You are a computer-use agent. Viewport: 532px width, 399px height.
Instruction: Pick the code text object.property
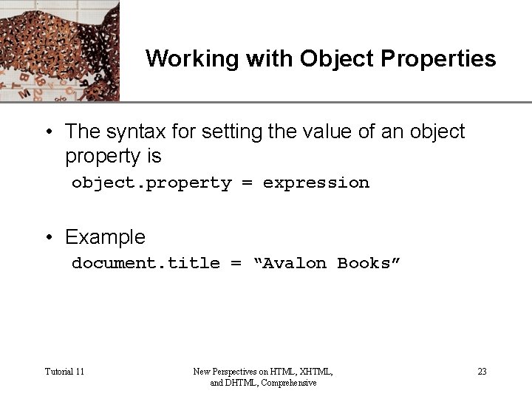coord(151,183)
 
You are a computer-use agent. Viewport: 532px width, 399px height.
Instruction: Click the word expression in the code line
coord(316,183)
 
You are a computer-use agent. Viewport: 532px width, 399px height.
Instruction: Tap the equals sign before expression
coord(247,183)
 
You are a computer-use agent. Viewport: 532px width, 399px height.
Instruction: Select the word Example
coord(105,237)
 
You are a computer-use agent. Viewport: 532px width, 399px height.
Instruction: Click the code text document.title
coord(146,263)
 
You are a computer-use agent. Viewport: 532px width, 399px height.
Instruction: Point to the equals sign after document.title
coord(236,264)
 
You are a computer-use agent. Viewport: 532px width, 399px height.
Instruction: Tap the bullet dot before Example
coord(49,238)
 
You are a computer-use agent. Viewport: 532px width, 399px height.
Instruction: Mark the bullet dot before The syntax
coord(49,132)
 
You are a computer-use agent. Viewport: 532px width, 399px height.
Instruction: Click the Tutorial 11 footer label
coord(64,371)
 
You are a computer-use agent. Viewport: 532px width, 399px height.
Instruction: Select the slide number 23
coord(482,371)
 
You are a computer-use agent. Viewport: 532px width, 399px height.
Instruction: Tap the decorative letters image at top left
coord(59,50)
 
